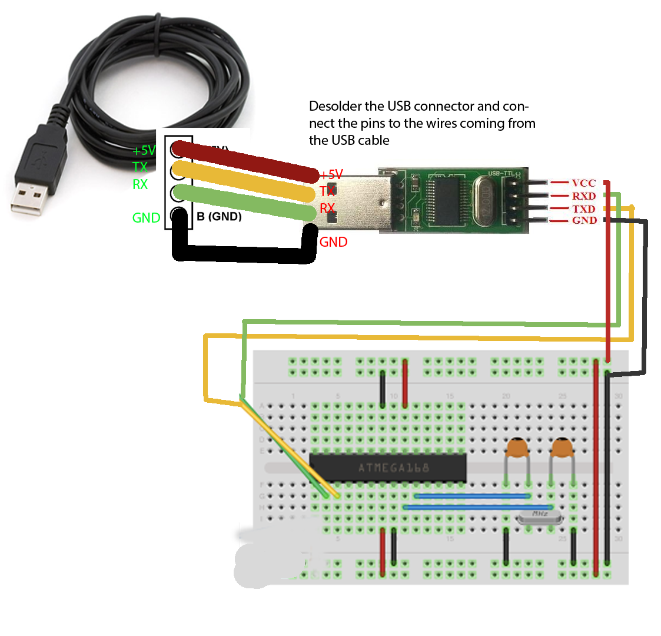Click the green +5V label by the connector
(144, 151)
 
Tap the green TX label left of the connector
(140, 167)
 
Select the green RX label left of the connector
(140, 184)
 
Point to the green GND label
(146, 218)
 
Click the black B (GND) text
(219, 217)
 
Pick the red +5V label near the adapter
(331, 174)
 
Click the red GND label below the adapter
(333, 242)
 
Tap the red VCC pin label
(583, 183)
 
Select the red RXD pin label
(583, 196)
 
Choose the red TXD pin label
(583, 209)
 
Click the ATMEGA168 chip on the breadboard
(388, 468)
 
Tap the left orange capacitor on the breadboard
(517, 448)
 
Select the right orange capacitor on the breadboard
(562, 448)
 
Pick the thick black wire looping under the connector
(241, 254)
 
